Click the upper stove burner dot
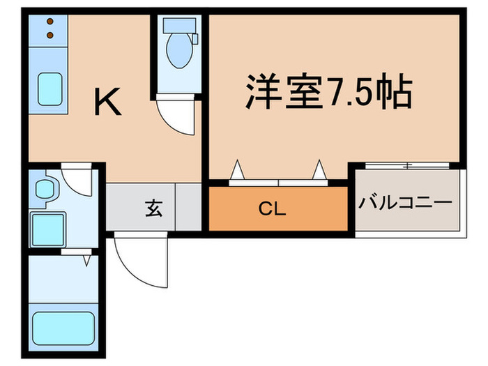coord(51,21)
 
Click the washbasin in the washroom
coord(47,189)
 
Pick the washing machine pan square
coord(47,226)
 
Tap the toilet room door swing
coord(174,115)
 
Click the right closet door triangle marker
coord(319,169)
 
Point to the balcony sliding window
coord(406,166)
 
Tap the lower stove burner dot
coord(51,33)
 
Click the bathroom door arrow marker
coord(86,261)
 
